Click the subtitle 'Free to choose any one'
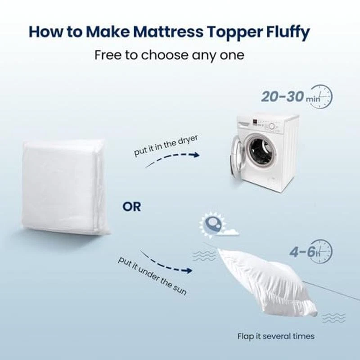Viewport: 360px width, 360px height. (x=170, y=55)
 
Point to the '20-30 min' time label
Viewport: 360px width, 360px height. (x=290, y=96)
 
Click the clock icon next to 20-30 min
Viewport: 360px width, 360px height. (x=321, y=96)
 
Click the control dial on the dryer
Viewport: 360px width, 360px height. (x=272, y=126)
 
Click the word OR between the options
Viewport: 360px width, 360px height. (x=131, y=207)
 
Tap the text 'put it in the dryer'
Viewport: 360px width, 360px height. (x=166, y=145)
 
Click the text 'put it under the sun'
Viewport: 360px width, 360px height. (x=152, y=276)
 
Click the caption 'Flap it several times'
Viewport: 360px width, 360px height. (x=276, y=336)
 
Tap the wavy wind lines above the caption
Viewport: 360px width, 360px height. (x=333, y=318)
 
